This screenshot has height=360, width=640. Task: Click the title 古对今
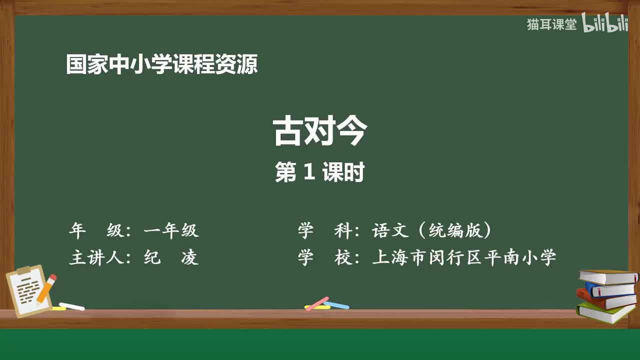[320, 131]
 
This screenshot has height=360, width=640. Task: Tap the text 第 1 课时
[320, 172]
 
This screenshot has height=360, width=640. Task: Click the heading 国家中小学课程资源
[162, 64]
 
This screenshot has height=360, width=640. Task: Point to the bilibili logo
[605, 24]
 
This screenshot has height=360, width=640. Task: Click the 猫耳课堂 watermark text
[551, 24]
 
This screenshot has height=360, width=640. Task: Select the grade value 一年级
[171, 230]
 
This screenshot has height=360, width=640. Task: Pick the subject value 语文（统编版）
[432, 230]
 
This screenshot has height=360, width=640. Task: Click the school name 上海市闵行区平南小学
[464, 257]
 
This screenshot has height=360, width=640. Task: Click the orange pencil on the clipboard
[46, 288]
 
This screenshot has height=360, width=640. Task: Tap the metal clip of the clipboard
[23, 270]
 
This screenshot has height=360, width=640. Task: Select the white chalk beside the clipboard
[71, 306]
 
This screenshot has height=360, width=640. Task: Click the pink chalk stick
[317, 303]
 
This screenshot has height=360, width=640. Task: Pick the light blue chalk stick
[336, 304]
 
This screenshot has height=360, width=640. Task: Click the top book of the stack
[607, 276]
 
